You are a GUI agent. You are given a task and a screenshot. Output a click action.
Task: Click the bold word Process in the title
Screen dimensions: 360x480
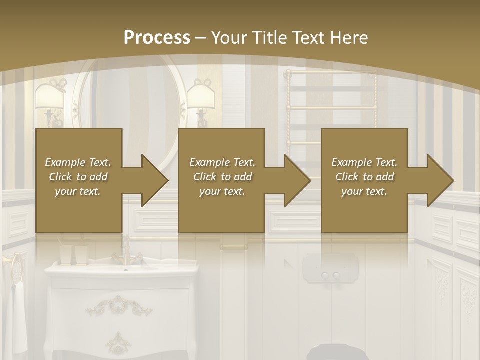click(157, 38)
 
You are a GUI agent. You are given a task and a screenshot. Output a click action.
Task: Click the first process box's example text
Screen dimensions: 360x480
click(78, 177)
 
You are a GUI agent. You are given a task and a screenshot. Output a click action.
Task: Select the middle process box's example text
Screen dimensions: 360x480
click(222, 177)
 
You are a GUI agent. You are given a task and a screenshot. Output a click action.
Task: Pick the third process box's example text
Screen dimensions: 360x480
click(364, 177)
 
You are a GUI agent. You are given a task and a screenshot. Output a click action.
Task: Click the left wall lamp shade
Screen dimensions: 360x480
click(49, 96)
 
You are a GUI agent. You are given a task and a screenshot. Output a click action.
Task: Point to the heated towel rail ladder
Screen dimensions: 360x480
click(331, 105)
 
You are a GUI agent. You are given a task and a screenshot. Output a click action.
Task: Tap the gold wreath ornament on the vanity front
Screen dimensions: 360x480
click(118, 304)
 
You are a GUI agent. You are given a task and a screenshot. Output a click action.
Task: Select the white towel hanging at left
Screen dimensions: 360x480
click(19, 315)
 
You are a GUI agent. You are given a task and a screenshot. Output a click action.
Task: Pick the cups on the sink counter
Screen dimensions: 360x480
click(74, 255)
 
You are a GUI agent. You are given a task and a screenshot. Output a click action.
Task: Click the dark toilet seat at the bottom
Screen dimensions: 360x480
click(333, 352)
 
